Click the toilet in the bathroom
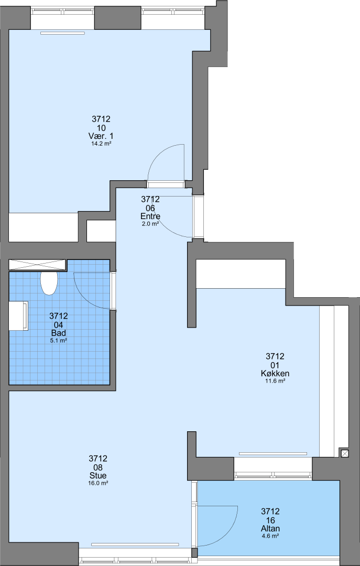pyautogui.click(x=49, y=284)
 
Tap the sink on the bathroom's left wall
pyautogui.click(x=18, y=316)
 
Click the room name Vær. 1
pyautogui.click(x=101, y=136)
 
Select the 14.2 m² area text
pyautogui.click(x=101, y=144)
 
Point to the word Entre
pyautogui.click(x=150, y=216)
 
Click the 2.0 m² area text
pyautogui.click(x=150, y=224)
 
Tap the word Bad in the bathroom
pyautogui.click(x=59, y=333)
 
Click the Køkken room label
pyautogui.click(x=275, y=373)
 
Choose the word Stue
pyautogui.click(x=98, y=475)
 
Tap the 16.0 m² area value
pyautogui.click(x=98, y=483)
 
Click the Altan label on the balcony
pyautogui.click(x=270, y=528)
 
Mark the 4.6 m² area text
pyautogui.click(x=270, y=536)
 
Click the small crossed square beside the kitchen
pyautogui.click(x=344, y=453)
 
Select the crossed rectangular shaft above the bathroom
pyautogui.click(x=38, y=265)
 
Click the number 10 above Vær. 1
pyautogui.click(x=101, y=127)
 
